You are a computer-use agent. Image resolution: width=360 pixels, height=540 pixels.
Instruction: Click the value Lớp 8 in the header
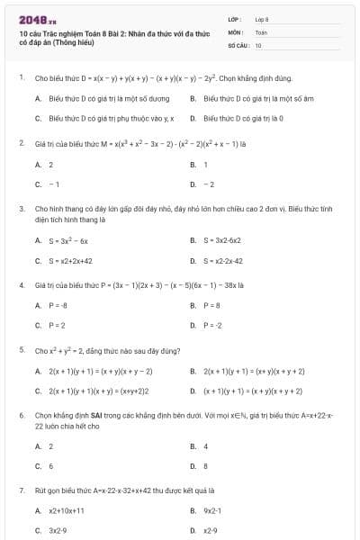pyautogui.click(x=262, y=18)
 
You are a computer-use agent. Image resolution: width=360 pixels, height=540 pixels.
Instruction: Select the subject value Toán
pyautogui.click(x=261, y=31)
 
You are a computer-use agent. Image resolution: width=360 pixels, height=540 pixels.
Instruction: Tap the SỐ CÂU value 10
pyautogui.click(x=258, y=44)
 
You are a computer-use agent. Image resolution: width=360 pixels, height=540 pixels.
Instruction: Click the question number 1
pyautogui.click(x=21, y=78)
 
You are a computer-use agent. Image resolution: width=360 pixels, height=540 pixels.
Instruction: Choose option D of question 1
pyautogui.click(x=243, y=118)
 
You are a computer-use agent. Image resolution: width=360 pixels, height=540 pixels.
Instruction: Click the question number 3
pyautogui.click(x=21, y=208)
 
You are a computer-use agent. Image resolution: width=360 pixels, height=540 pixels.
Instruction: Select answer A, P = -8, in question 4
pyautogui.click(x=58, y=305)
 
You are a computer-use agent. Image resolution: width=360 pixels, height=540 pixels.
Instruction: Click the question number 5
pyautogui.click(x=21, y=349)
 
